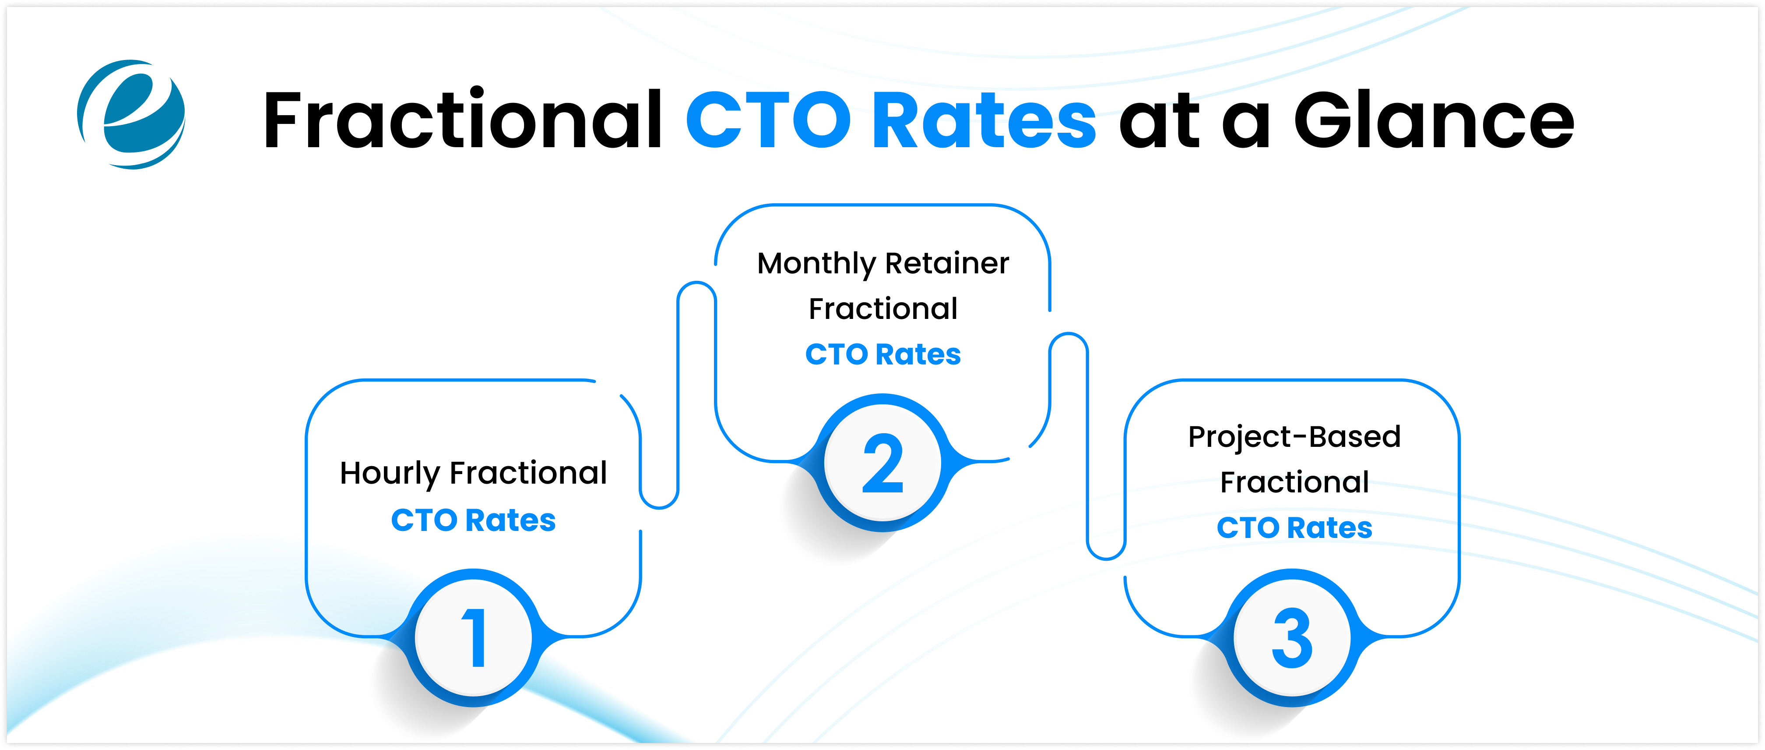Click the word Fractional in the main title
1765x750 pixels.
tap(463, 120)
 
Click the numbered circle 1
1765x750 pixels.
tap(474, 637)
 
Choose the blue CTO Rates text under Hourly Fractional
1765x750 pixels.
tap(474, 520)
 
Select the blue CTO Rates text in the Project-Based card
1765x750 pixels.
tap(1294, 528)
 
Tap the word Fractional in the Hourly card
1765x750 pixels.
tap(527, 473)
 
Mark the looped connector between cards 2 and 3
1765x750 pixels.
tap(1087, 446)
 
